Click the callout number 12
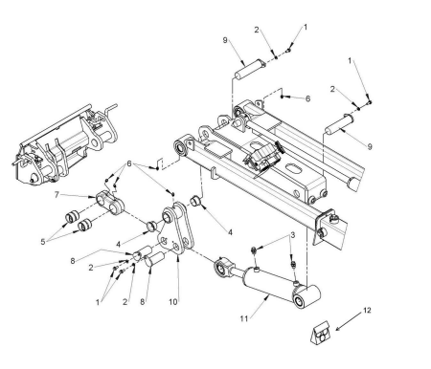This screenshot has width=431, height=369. click(x=367, y=310)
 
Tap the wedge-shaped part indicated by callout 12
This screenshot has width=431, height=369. click(x=321, y=333)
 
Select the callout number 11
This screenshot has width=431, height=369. click(x=244, y=318)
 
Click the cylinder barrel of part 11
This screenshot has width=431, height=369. click(x=268, y=284)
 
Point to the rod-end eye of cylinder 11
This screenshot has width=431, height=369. click(x=222, y=267)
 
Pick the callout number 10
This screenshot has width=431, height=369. click(x=173, y=302)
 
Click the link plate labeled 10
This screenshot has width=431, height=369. click(x=175, y=227)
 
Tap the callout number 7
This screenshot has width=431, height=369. click(x=57, y=194)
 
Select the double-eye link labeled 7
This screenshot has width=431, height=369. click(x=110, y=203)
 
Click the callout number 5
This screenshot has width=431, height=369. click(x=43, y=242)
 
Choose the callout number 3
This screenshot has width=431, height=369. click(x=292, y=235)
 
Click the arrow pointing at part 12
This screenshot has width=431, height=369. click(x=349, y=321)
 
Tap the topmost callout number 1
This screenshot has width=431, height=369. click(x=306, y=27)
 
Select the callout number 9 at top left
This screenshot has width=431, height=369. click(x=225, y=40)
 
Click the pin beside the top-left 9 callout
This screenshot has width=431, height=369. click(x=250, y=69)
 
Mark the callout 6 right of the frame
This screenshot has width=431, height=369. click(x=307, y=98)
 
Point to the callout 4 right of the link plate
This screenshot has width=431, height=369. click(x=230, y=232)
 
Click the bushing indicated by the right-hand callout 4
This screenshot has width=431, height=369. click(x=195, y=202)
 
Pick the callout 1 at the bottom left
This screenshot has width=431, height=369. click(x=98, y=302)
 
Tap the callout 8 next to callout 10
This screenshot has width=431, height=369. click(x=143, y=302)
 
